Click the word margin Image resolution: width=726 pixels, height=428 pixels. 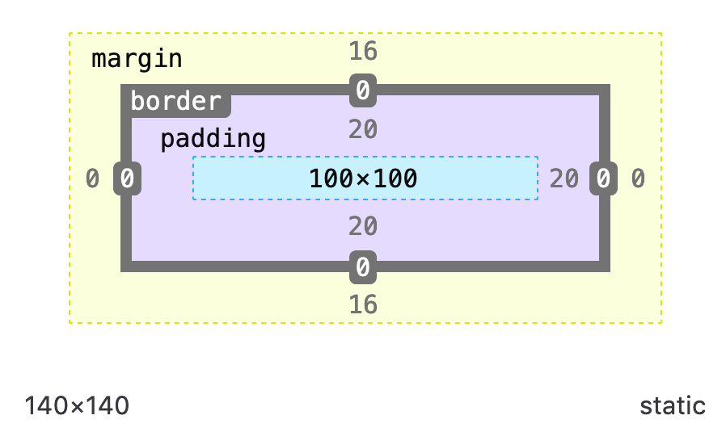tap(137, 59)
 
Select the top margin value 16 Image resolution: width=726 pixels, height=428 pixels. tap(363, 52)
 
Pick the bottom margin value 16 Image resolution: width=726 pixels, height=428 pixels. tap(363, 304)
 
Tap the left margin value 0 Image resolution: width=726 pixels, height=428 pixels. tap(93, 178)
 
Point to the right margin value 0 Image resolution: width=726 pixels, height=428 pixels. tap(638, 178)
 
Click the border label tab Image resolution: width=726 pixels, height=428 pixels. tap(176, 102)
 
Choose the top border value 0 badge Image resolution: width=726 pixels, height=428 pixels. tap(363, 90)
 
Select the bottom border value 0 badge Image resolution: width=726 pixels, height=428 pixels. tap(363, 267)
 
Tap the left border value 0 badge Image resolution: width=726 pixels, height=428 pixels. tap(128, 178)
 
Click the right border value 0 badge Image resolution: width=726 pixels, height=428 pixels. tap(603, 178)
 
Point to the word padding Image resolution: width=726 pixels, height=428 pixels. tap(213, 139)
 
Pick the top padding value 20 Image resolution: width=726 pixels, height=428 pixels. tap(363, 129)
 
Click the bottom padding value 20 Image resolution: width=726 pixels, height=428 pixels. tap(363, 227)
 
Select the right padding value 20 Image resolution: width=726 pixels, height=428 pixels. tap(564, 178)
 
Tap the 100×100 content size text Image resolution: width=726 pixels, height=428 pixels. tap(363, 178)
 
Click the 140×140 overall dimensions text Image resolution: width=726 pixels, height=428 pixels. tap(77, 406)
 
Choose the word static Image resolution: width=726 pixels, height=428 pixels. tap(673, 406)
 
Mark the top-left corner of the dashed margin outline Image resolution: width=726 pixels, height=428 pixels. tap(70, 33)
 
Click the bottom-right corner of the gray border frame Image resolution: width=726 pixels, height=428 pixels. tap(609, 271)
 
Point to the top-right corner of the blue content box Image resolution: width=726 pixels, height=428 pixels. tap(538, 157)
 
